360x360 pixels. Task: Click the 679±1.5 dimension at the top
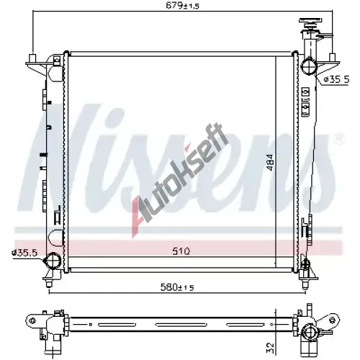(x=183, y=6)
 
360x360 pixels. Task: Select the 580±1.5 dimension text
(x=177, y=287)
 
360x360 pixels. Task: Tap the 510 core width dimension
(x=181, y=251)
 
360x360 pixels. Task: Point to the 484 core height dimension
(x=270, y=163)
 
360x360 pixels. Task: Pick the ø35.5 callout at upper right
(x=336, y=79)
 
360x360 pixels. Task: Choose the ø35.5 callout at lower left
(x=24, y=253)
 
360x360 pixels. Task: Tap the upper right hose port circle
(x=309, y=66)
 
